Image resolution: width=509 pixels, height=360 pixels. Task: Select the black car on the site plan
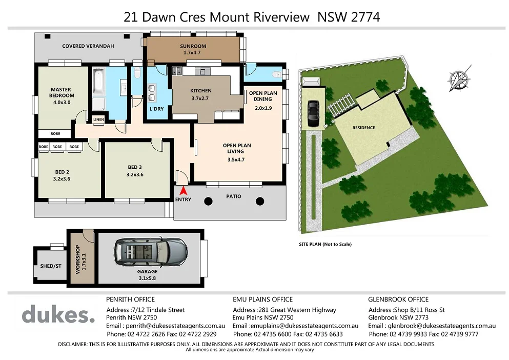312,113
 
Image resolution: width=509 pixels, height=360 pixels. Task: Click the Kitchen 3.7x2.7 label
200,94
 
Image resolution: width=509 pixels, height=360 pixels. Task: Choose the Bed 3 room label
136,171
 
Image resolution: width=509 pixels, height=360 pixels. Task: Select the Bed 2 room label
62,175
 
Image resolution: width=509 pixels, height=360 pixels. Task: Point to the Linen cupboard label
98,119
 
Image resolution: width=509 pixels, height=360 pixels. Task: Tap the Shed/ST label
50,267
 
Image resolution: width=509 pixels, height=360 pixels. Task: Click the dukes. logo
58,314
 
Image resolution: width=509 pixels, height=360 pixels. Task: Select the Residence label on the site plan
363,128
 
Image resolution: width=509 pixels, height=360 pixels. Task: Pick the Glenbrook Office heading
398,299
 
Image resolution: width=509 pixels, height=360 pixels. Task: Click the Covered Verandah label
88,46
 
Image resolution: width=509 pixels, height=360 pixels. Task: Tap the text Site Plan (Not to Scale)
325,245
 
